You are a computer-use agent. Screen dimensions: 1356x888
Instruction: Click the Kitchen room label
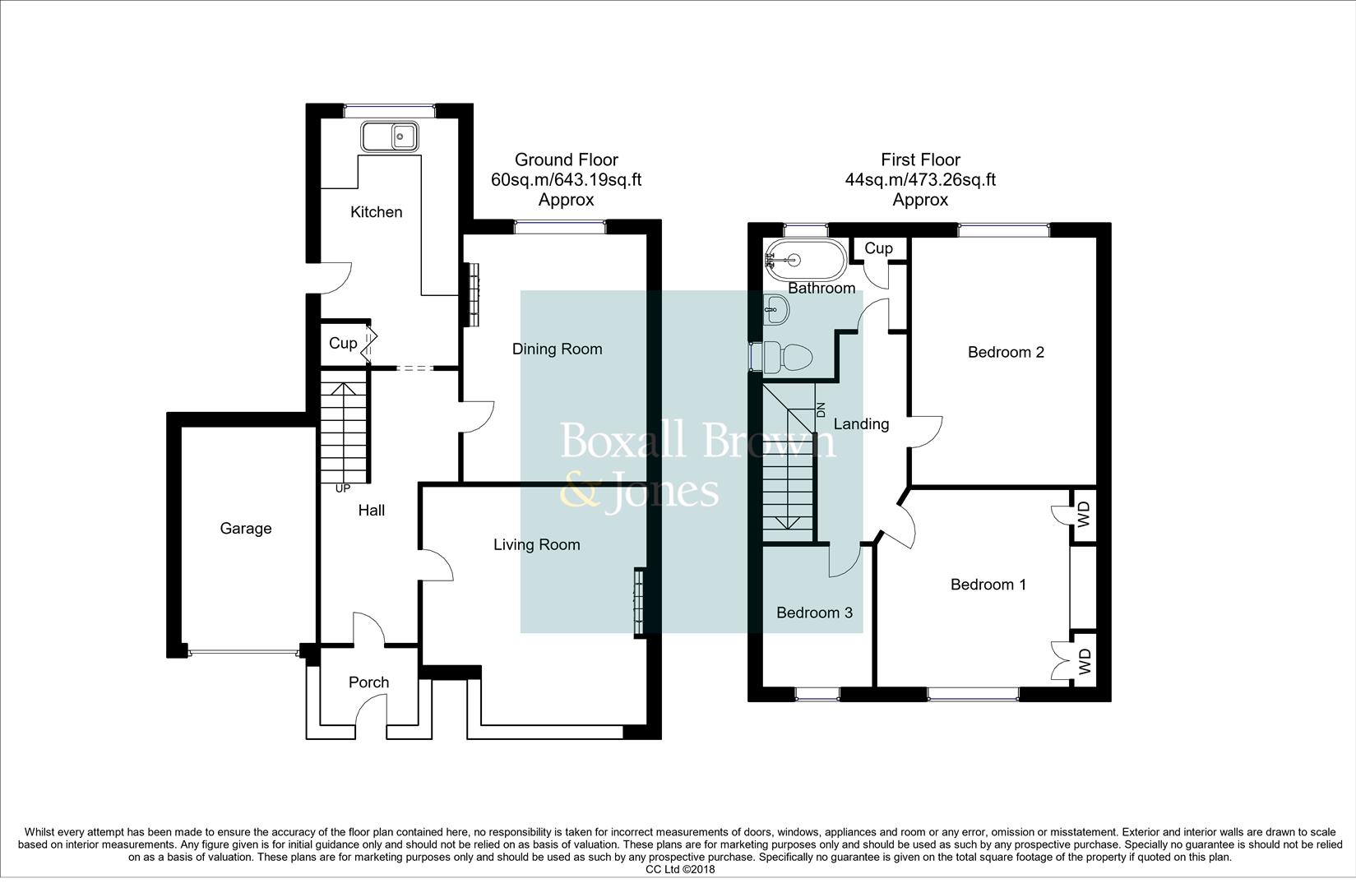376,212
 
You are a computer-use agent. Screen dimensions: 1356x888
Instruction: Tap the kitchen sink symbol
390,136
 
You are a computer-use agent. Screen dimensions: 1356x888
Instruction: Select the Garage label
246,529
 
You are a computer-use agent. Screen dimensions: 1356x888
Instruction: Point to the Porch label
368,682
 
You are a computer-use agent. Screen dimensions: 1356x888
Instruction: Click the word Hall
371,511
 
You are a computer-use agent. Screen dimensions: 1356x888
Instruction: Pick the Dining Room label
557,349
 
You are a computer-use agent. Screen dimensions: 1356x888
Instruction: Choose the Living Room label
536,545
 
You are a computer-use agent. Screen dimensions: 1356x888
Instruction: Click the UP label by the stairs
343,488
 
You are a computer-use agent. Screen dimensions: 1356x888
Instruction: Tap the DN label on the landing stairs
821,409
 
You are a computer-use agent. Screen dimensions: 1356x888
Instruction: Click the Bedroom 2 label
1006,352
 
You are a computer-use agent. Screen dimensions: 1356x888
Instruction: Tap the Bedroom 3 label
814,613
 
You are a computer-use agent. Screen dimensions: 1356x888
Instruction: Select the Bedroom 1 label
988,585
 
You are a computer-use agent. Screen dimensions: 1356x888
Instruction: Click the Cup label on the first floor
878,248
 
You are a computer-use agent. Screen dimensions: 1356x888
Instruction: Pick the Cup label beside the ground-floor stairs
343,343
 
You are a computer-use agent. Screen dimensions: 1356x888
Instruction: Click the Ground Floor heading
566,160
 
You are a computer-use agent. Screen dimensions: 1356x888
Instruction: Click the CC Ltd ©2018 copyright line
680,869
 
